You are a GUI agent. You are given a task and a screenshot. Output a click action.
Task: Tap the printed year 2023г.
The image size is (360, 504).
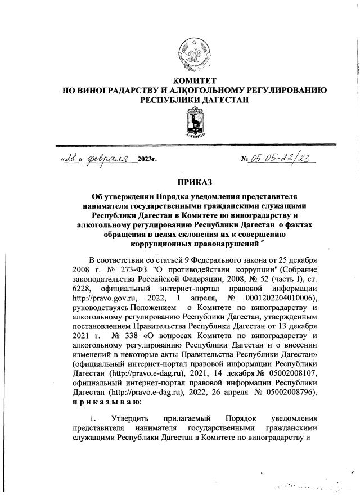(147, 161)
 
